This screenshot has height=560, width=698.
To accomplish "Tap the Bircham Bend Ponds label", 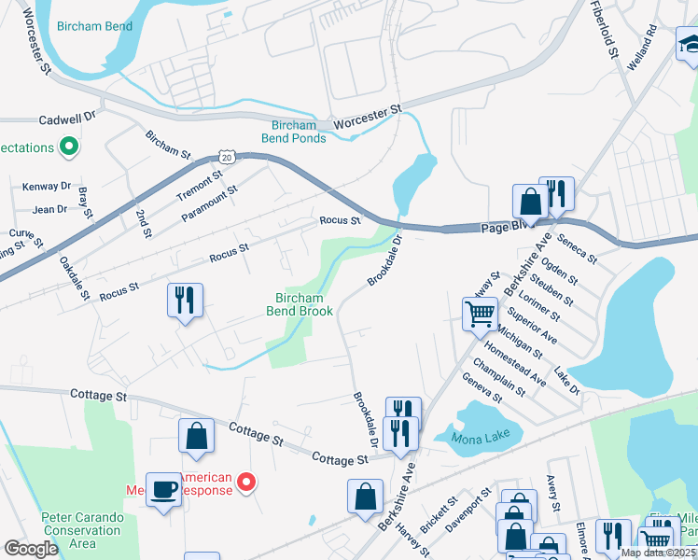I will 299,132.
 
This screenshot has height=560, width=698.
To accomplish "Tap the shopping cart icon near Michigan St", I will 480,314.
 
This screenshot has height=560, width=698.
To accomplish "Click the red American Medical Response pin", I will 246,482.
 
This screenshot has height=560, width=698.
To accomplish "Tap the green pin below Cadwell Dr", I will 68,146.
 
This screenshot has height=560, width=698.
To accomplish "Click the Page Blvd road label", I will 505,226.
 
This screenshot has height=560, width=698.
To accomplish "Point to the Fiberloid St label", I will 604,29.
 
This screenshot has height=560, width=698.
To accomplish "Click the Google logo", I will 31,549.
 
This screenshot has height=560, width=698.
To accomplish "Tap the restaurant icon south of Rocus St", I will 185,301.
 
